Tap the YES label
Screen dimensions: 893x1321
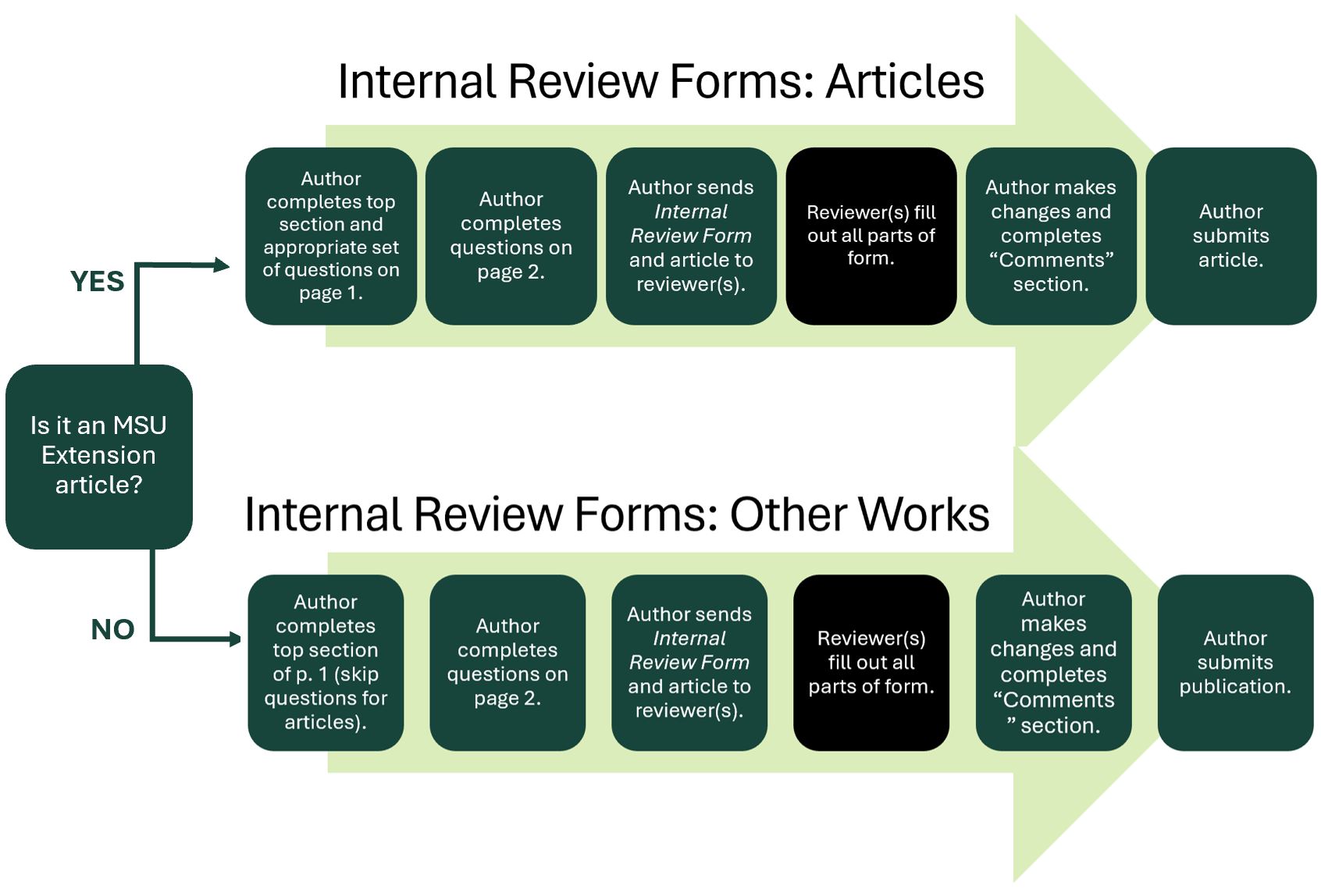97,282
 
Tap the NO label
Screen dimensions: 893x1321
112,629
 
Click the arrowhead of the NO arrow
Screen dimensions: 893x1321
235,639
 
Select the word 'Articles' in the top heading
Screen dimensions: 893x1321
905,81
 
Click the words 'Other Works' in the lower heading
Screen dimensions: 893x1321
859,514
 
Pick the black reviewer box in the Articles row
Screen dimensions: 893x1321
871,236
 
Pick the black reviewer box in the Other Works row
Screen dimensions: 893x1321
871,663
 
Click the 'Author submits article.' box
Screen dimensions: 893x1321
1230,236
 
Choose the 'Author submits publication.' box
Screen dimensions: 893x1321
1234,663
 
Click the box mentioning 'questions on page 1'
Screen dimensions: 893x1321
331,236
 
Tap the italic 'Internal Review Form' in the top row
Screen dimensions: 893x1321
691,224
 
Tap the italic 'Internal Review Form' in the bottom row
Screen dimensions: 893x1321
689,650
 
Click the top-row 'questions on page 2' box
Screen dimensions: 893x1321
511,236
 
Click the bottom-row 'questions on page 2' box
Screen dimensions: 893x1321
507,663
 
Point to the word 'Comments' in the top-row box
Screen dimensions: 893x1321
1051,260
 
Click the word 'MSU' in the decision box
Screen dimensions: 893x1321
140,425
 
